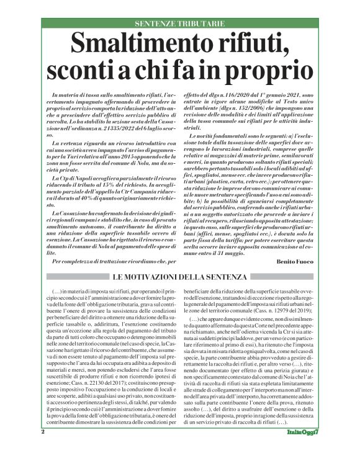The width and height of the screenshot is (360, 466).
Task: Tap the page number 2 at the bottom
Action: click(42, 448)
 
